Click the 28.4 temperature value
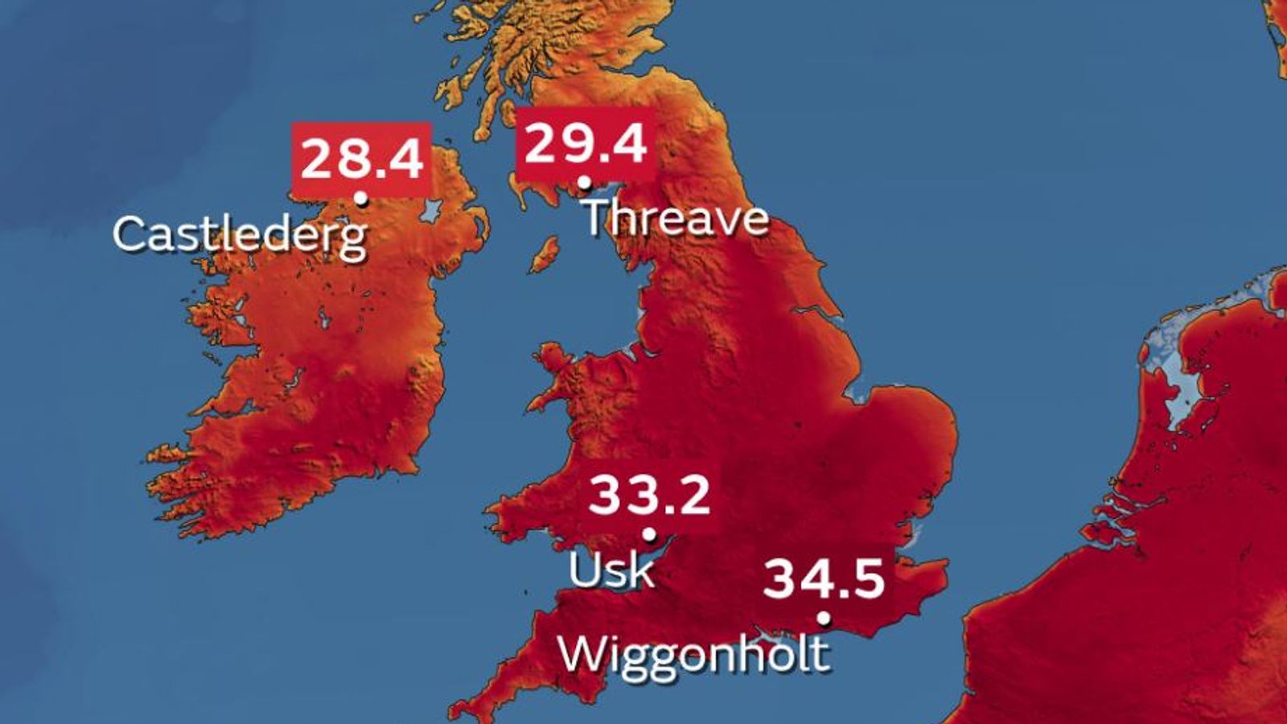(362, 158)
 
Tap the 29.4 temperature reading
(585, 145)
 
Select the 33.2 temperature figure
(649, 496)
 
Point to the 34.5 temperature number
(824, 578)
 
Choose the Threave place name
(676, 218)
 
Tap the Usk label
(611, 570)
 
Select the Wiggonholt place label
(693, 653)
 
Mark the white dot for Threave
(585, 182)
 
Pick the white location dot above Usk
(649, 534)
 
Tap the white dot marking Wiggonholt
(823, 618)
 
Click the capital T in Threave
(599, 217)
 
